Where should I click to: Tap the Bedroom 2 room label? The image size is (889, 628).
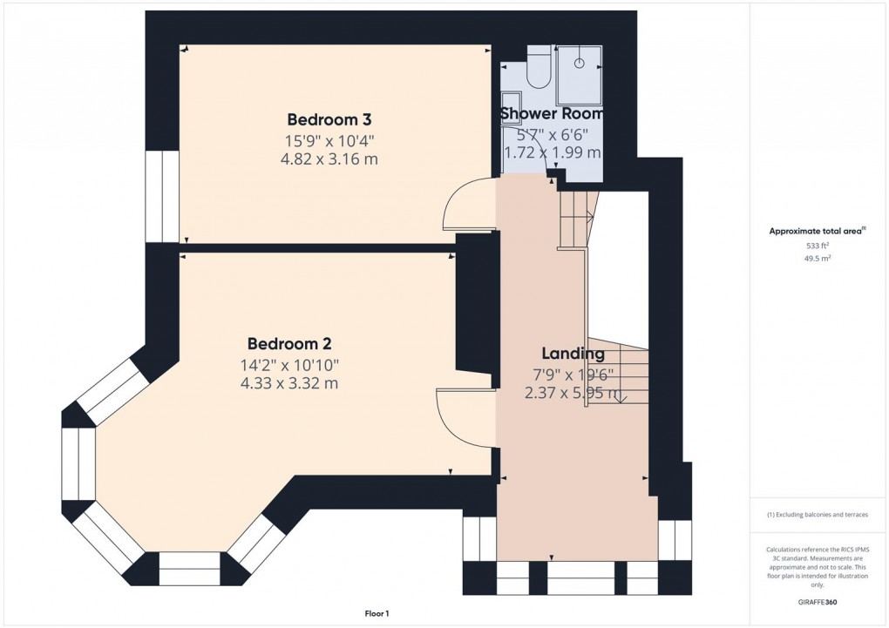click(x=288, y=344)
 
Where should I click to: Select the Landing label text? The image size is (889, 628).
click(x=573, y=354)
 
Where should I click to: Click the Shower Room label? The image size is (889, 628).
click(x=551, y=113)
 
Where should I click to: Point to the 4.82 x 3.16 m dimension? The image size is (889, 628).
click(x=329, y=159)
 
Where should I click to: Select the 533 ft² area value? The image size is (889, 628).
click(x=817, y=246)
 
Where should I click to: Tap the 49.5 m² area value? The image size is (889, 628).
click(x=817, y=259)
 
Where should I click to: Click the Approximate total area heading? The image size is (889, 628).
click(x=817, y=231)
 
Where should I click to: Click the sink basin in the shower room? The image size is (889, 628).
click(x=511, y=105)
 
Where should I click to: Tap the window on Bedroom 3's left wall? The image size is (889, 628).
click(x=162, y=196)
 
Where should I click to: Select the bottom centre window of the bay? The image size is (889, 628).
click(x=190, y=568)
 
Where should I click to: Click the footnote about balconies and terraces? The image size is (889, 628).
click(x=817, y=515)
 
